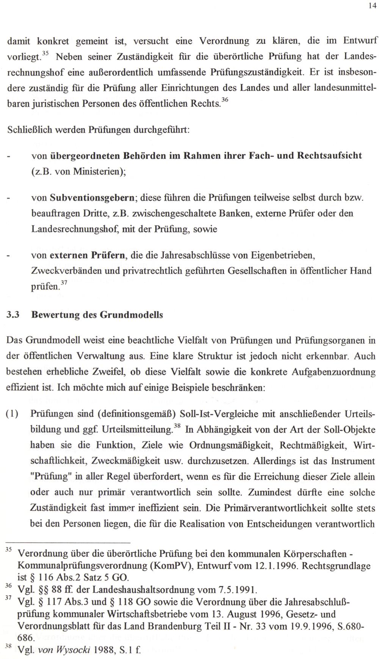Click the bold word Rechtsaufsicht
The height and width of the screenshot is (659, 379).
pos(329,155)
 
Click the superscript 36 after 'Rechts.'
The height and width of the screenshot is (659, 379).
pos(225,100)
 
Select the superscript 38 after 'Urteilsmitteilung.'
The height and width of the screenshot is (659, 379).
pos(177,426)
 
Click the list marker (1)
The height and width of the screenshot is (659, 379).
pos(14,414)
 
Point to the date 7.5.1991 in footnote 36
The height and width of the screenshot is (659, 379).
pos(238,590)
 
